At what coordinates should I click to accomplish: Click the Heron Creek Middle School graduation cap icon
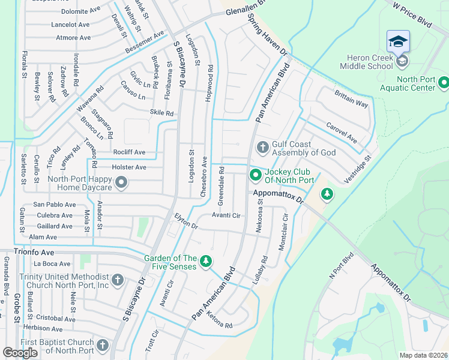[x=398, y=41]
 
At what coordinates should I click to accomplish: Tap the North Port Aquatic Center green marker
[x=444, y=82]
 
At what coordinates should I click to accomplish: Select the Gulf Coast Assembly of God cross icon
[x=262, y=147]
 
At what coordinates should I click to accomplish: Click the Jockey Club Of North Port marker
[x=255, y=175]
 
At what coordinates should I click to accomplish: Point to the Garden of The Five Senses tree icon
[x=206, y=260]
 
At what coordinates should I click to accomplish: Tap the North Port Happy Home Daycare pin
[x=121, y=182]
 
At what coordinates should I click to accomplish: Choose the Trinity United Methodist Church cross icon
[x=118, y=280]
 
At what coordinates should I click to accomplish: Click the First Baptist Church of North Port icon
[x=103, y=346]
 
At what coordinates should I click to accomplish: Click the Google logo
[x=20, y=353]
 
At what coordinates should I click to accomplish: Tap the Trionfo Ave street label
[x=34, y=253]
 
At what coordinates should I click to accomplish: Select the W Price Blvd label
[x=412, y=13]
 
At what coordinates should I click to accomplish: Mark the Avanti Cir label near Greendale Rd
[x=226, y=215]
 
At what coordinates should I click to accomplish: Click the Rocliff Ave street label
[x=129, y=152]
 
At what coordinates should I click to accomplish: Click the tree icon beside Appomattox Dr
[x=327, y=194]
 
